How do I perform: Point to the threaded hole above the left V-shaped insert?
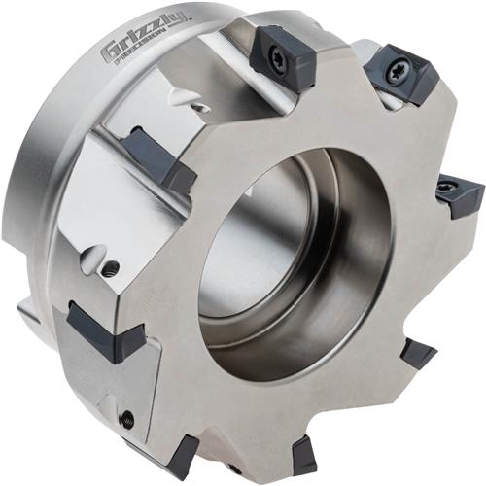(111, 267)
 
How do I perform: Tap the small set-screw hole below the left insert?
(127, 419)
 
